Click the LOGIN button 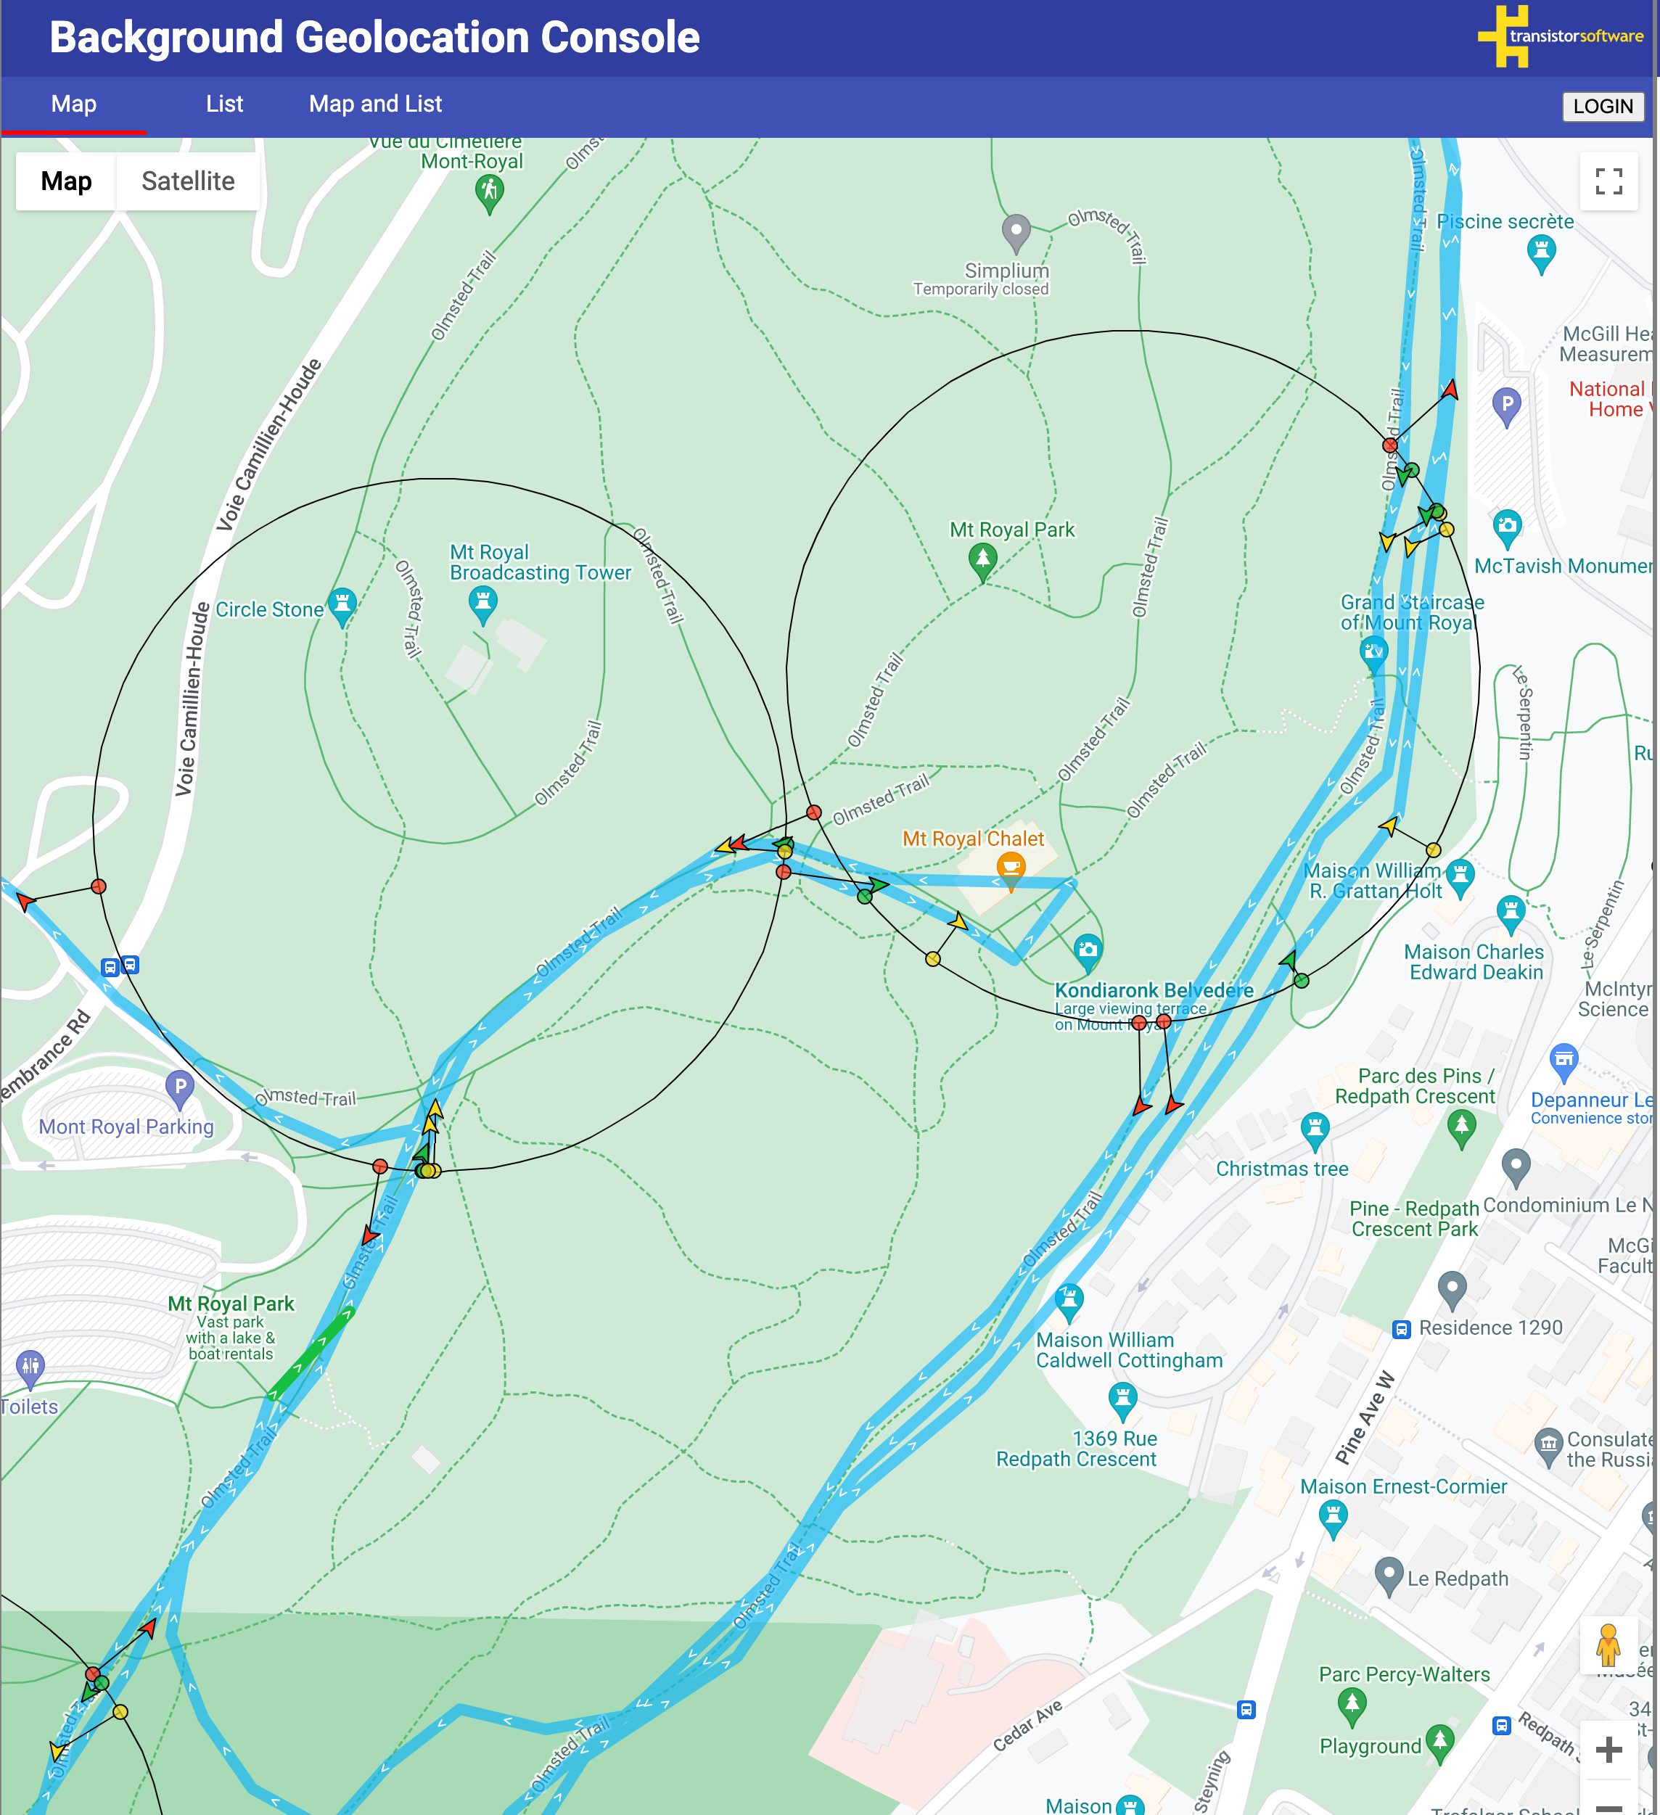[x=1603, y=106]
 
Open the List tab [x=224, y=104]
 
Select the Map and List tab [x=375, y=104]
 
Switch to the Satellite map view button [x=187, y=181]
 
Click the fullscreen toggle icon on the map [x=1608, y=181]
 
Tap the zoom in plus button [x=1608, y=1749]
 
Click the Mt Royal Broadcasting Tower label [x=540, y=563]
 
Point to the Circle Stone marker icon [x=342, y=604]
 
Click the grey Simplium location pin [x=1016, y=231]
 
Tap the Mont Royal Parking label [x=126, y=1127]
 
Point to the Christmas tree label [x=1282, y=1169]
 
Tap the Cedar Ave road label [x=1027, y=1725]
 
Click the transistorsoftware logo [x=1561, y=36]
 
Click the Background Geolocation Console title [x=374, y=38]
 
